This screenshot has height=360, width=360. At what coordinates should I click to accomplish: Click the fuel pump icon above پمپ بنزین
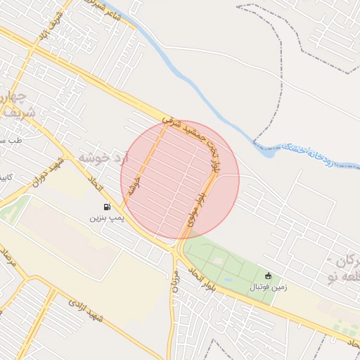[x=106, y=207]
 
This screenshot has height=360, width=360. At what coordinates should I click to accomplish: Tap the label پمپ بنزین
[x=106, y=219]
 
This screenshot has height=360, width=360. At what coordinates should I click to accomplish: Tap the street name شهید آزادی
[x=86, y=314]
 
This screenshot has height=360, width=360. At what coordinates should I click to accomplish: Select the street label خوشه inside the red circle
[x=136, y=186]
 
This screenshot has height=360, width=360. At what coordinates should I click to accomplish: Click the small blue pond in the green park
[x=227, y=280]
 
